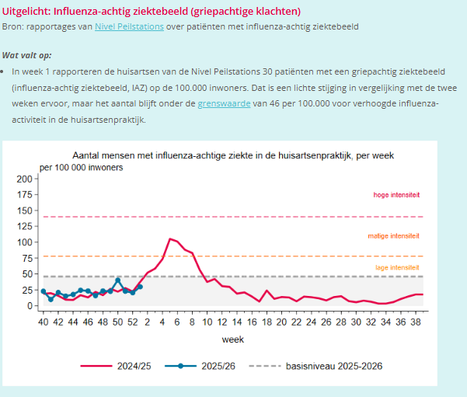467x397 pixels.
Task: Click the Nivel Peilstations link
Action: click(x=128, y=27)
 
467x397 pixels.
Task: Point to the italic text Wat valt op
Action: click(x=26, y=55)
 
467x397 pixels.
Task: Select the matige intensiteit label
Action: click(x=393, y=235)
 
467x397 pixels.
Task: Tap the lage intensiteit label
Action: click(x=396, y=267)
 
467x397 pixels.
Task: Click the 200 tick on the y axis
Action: click(x=24, y=179)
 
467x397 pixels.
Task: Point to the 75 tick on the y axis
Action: click(x=26, y=258)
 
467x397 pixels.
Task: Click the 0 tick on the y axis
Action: click(x=30, y=306)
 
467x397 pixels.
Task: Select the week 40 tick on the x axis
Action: click(x=44, y=322)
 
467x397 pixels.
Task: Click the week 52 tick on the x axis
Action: click(x=132, y=322)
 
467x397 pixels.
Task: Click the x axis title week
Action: click(x=232, y=340)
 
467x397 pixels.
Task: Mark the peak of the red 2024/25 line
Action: click(x=170, y=239)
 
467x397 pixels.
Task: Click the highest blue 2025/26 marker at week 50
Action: click(x=117, y=280)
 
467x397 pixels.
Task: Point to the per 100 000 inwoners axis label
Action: click(x=81, y=168)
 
